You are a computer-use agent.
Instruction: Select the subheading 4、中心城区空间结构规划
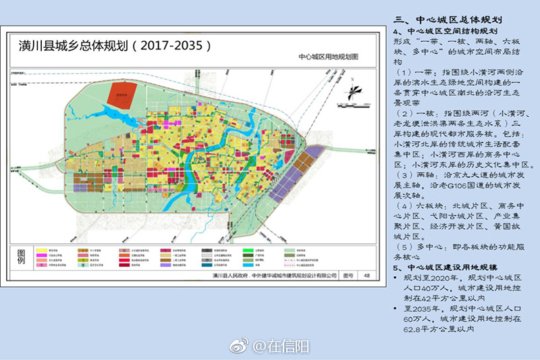(446, 31)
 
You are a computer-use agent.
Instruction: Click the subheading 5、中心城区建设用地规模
(446, 268)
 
